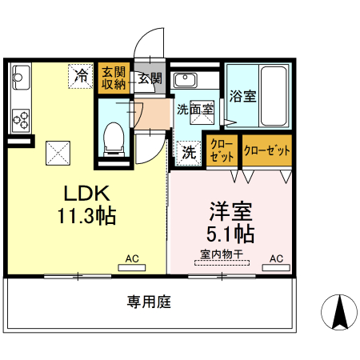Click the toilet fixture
click(x=114, y=139)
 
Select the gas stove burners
click(x=21, y=120)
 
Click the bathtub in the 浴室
click(x=274, y=96)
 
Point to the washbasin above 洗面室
click(x=186, y=80)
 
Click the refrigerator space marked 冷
click(x=81, y=76)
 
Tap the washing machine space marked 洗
click(x=189, y=153)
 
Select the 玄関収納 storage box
click(x=114, y=78)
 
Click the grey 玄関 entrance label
click(x=150, y=78)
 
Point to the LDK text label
click(x=87, y=194)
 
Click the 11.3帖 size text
click(x=87, y=215)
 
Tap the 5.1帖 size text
click(x=230, y=234)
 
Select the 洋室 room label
click(x=230, y=211)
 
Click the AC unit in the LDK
click(x=132, y=267)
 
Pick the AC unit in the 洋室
click(x=276, y=267)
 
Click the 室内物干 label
click(x=222, y=254)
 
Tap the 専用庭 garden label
click(x=149, y=302)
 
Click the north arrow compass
click(x=339, y=312)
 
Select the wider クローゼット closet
click(x=267, y=150)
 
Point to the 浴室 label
click(x=242, y=96)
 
